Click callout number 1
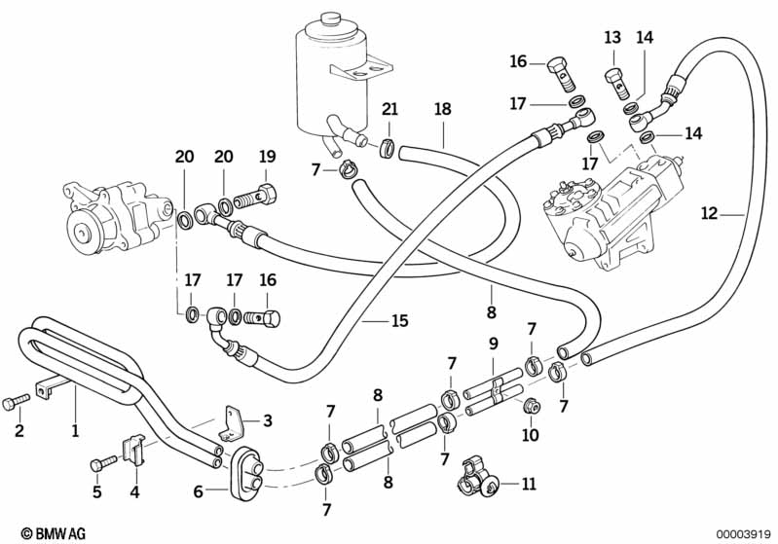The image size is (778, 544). tap(76, 428)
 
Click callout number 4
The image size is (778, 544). tap(135, 491)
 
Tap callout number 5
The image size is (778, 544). tap(96, 491)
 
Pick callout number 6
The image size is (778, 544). tap(198, 492)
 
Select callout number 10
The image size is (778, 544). tap(530, 435)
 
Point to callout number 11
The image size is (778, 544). tap(529, 483)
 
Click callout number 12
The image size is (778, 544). tap(708, 211)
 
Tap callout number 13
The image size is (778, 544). tap(611, 38)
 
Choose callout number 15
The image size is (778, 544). tap(398, 320)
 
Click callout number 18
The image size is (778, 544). tap(443, 109)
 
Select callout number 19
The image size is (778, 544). tap(267, 157)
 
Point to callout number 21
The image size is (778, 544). tap(389, 109)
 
